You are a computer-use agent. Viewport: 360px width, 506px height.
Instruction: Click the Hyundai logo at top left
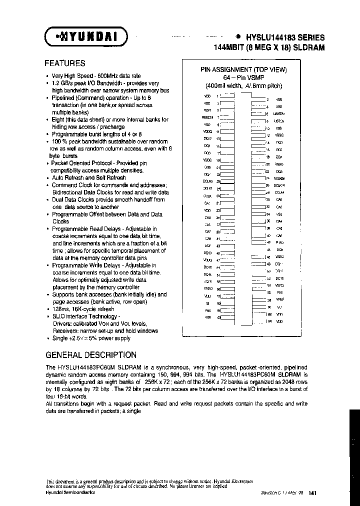click(86, 36)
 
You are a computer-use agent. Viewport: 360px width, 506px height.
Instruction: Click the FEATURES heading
click(65, 63)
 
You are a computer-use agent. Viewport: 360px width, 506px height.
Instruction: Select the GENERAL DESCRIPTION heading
click(90, 355)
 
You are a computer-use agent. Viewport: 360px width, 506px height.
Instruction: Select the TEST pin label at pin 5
click(207, 109)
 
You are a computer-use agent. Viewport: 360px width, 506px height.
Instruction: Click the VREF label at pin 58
click(279, 299)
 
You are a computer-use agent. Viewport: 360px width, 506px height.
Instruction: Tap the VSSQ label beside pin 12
click(279, 135)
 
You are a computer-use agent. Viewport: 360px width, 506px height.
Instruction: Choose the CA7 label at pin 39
click(207, 231)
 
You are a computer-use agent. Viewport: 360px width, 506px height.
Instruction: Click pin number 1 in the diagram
click(217, 95)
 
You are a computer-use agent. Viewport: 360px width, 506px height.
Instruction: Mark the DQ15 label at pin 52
click(279, 278)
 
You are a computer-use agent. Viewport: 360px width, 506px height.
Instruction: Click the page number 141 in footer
click(312, 493)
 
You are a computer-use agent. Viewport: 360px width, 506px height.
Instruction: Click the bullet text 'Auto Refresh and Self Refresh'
click(89, 177)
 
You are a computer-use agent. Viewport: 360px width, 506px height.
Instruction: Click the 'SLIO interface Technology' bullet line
click(86, 316)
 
